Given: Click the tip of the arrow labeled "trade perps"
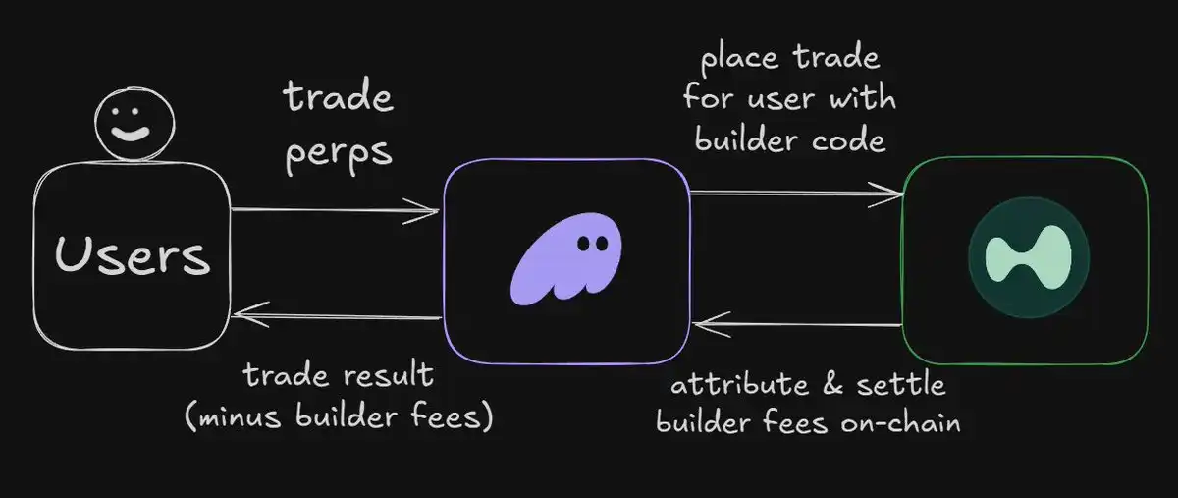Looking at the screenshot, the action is point(439,211).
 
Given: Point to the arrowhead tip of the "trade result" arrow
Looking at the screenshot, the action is point(232,314).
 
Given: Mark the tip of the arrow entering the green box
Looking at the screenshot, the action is point(903,194).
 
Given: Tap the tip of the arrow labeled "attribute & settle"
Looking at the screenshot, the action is point(693,324).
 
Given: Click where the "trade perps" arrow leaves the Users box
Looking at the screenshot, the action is point(231,209).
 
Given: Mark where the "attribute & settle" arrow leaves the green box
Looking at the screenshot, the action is point(903,325).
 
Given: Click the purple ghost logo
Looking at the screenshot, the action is point(565,259).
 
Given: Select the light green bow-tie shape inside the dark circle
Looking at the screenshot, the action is point(1028,257).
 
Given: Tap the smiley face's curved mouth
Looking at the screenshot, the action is point(130,133).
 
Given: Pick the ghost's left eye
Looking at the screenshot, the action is point(583,244).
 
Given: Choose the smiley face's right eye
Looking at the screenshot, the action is point(136,112).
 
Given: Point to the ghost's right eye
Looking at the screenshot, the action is point(602,244).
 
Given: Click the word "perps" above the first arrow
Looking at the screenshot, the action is point(339,155).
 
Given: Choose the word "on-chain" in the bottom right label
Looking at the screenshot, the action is point(900,422).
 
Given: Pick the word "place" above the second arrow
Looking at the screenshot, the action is point(739,57).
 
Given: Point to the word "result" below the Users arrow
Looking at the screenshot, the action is point(389,375).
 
